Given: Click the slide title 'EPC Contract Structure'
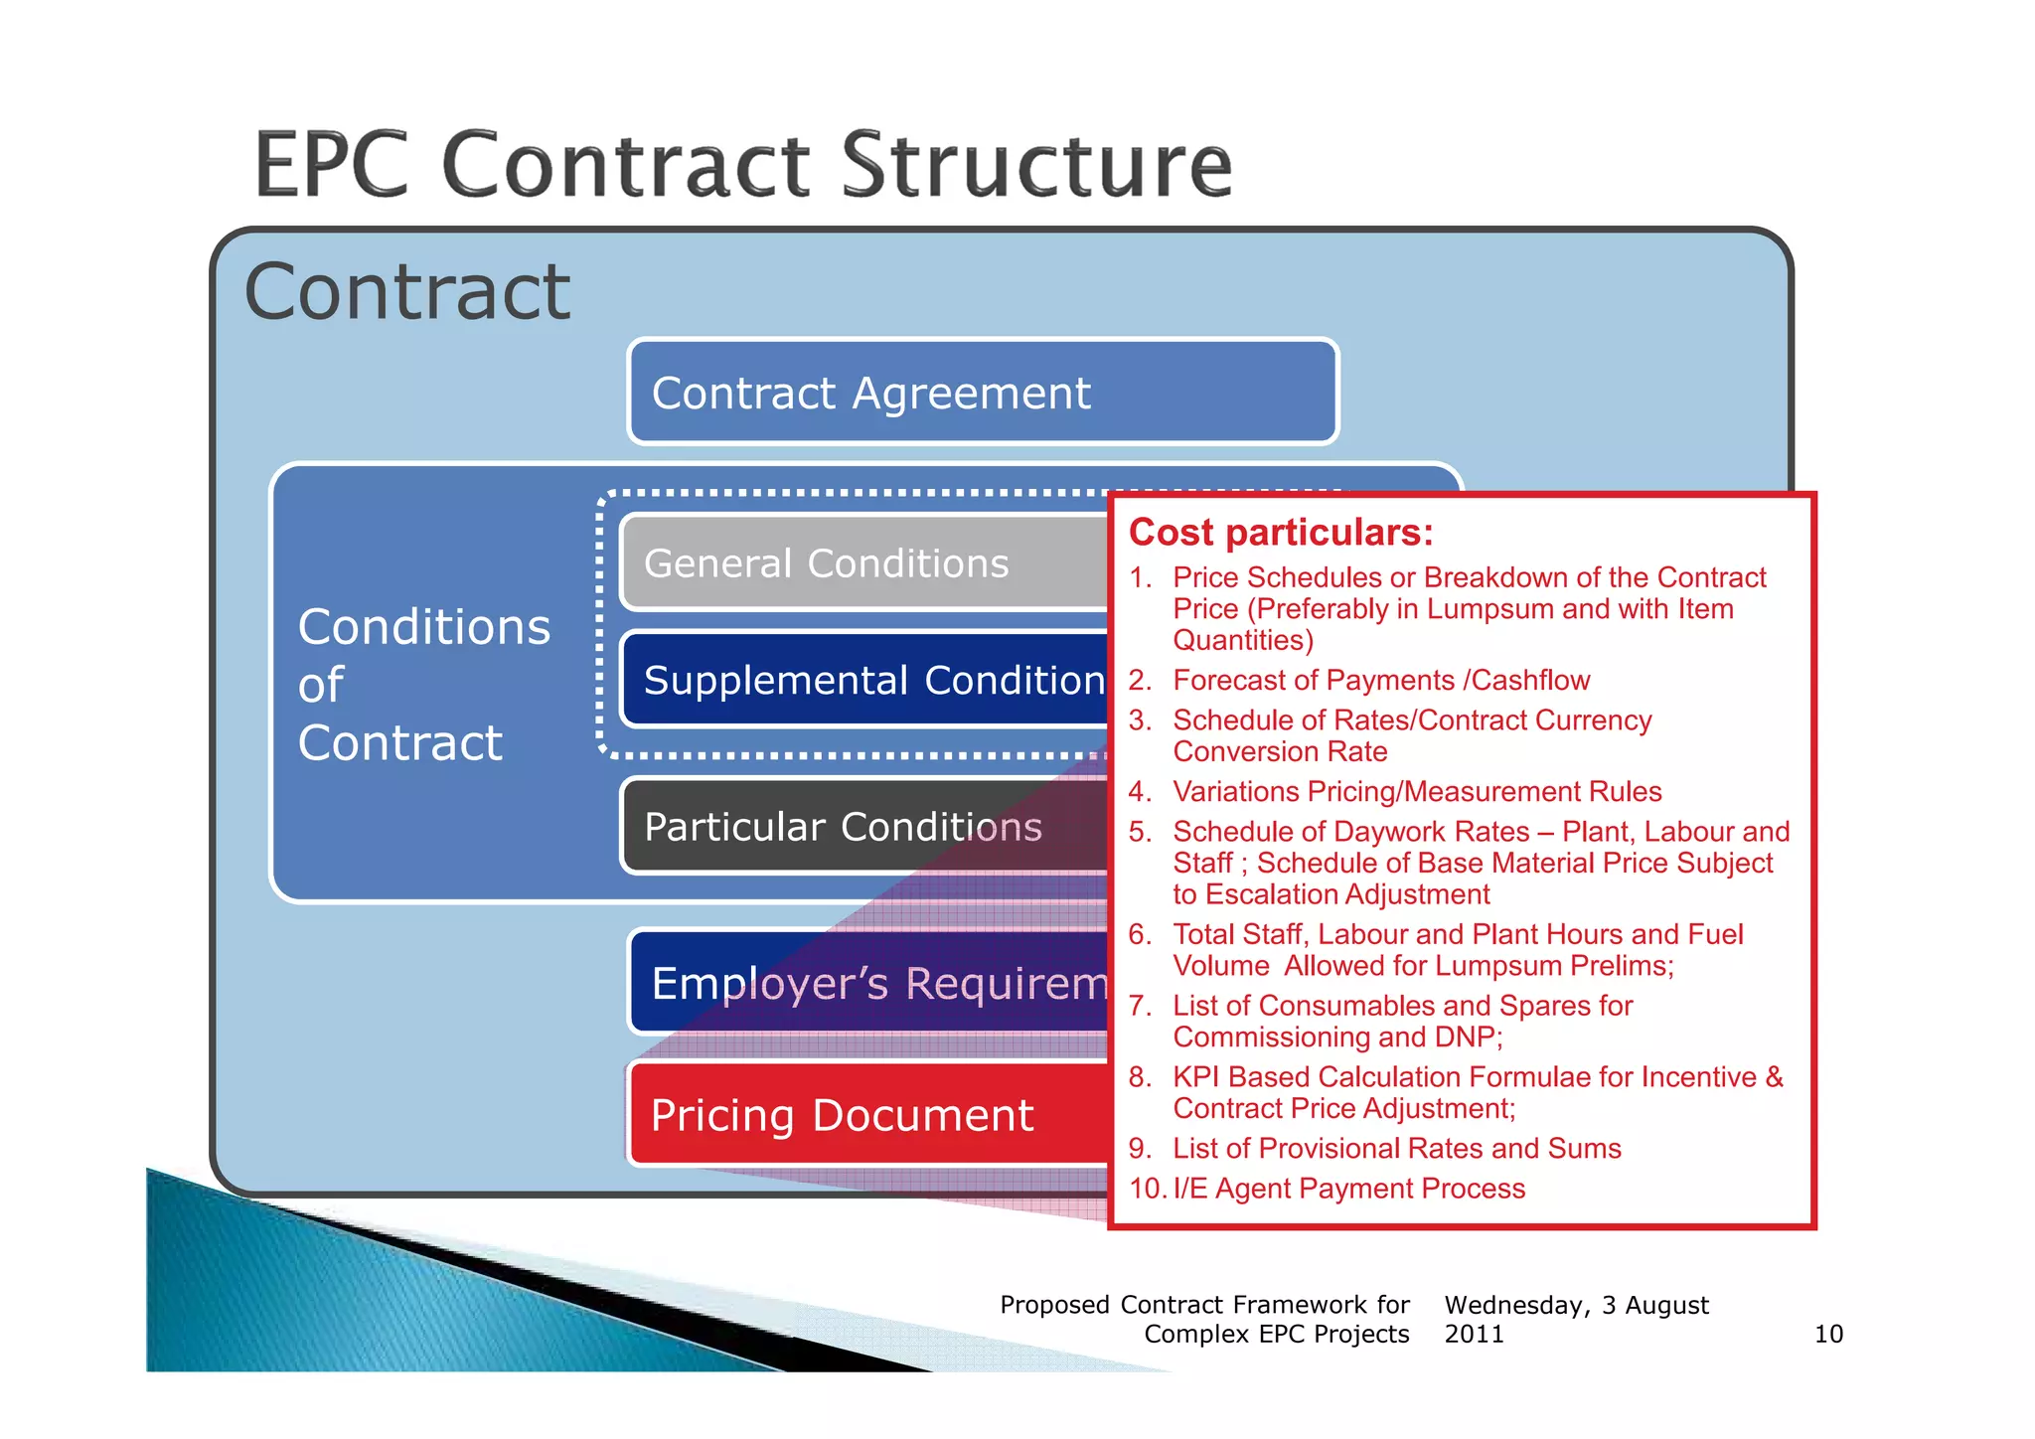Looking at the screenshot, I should [743, 165].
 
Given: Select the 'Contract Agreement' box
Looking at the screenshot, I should [982, 392].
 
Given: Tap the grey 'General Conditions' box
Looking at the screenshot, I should [862, 563].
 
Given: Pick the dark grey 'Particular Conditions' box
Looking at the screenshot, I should [862, 827].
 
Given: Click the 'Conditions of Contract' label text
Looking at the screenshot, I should [423, 685].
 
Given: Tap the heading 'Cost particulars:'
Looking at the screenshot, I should [1281, 533].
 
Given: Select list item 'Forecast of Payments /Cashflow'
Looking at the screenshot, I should [1381, 681].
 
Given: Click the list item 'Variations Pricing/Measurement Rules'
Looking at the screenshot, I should [1417, 792].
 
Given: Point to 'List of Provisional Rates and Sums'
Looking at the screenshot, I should [1396, 1149].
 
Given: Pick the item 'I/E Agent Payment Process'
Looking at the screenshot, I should [1348, 1189].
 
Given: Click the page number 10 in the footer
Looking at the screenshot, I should [1828, 1334].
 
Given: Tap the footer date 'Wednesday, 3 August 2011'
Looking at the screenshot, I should [1576, 1319].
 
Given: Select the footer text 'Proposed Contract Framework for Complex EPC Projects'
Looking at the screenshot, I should [1204, 1319].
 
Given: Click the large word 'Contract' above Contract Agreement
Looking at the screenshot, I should [407, 292].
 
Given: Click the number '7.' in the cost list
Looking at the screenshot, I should [1140, 1006].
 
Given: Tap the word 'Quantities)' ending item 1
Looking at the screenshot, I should [1243, 641].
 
